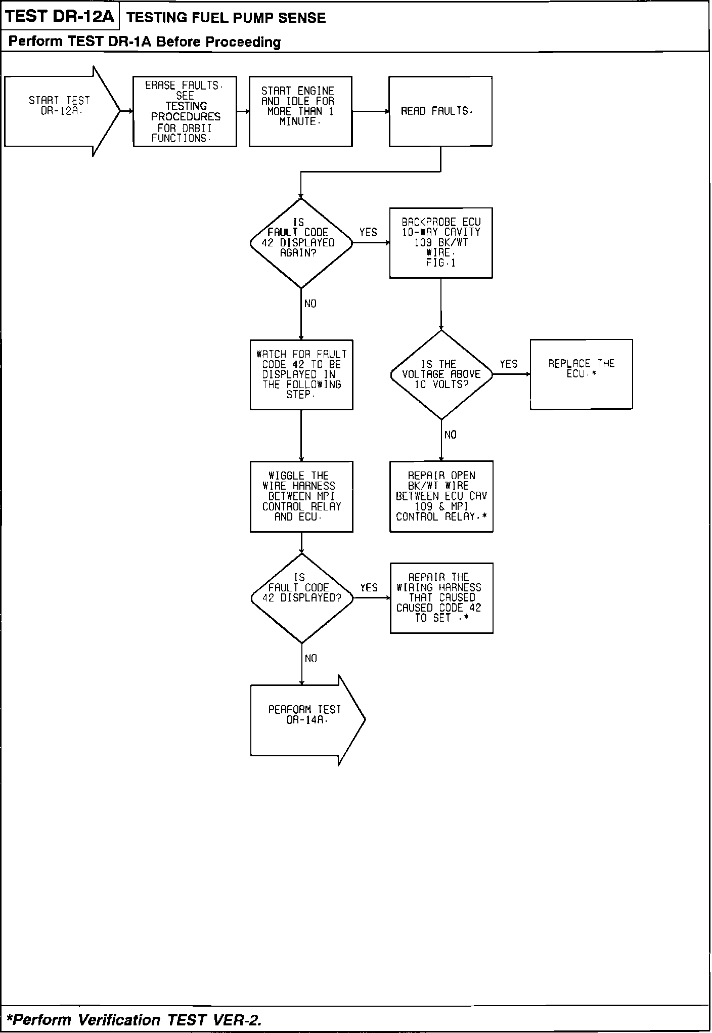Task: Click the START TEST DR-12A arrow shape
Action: tap(60, 111)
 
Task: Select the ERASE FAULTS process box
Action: tap(185, 111)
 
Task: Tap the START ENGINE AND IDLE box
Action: tap(300, 111)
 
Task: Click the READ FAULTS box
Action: tap(440, 111)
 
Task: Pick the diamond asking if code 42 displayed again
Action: tap(300, 243)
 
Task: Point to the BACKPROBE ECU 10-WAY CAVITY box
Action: tap(440, 243)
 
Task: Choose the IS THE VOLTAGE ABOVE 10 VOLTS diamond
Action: tap(441, 374)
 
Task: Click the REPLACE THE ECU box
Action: tap(581, 374)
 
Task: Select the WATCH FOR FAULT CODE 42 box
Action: tap(301, 374)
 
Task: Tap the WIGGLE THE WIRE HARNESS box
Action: tap(301, 496)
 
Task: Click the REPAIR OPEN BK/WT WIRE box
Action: tap(441, 496)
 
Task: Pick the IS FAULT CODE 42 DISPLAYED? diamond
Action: tap(301, 598)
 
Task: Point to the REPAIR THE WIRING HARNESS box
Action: tap(441, 598)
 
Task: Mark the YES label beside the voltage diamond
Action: tap(509, 364)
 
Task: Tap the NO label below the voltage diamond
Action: tap(450, 435)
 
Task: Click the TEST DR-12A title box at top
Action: tap(60, 17)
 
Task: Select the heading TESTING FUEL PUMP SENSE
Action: tap(226, 18)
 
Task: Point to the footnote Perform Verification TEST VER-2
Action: tap(135, 1019)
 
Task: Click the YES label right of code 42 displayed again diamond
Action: tap(368, 233)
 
